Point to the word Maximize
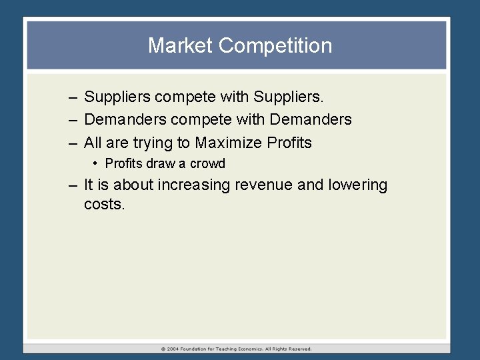pos(228,143)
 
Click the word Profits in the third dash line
pos(289,143)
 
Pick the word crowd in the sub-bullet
pos(207,163)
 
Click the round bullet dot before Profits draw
pos(97,163)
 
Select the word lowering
pos(357,185)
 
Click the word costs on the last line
pos(104,204)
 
